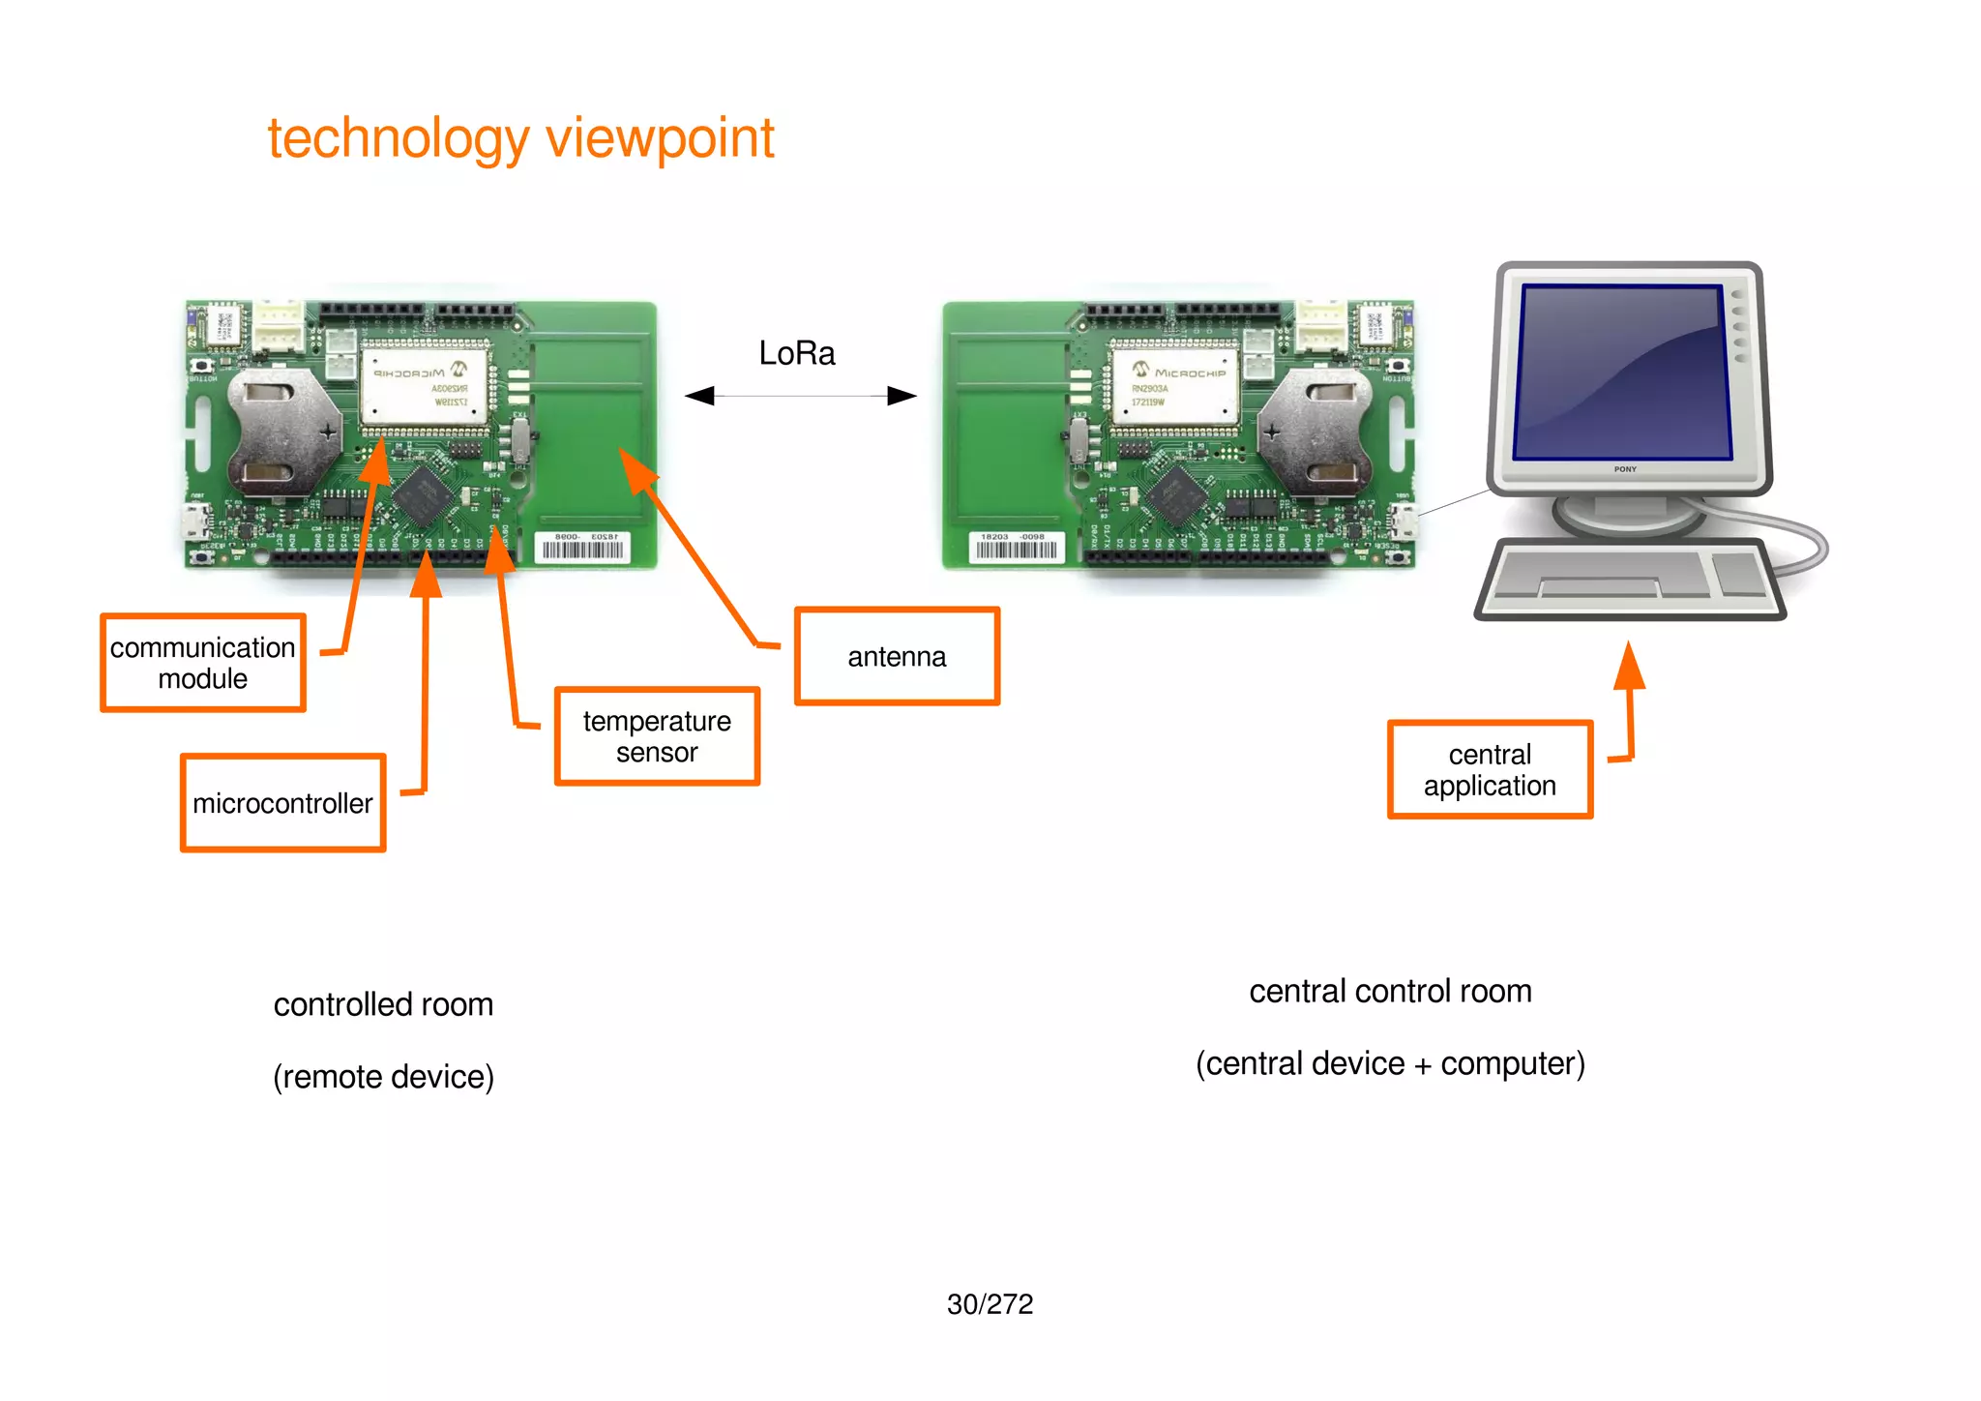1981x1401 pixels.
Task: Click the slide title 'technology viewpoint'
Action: [x=520, y=138]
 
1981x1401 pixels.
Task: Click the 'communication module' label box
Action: [x=203, y=663]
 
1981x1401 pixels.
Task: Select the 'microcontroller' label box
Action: [x=282, y=803]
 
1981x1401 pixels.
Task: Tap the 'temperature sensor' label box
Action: [x=657, y=736]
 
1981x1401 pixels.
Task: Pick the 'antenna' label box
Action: [x=897, y=657]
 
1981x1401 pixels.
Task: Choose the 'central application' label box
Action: [x=1490, y=770]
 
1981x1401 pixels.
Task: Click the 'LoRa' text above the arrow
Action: [x=796, y=353]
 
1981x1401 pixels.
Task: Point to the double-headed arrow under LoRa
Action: [x=800, y=396]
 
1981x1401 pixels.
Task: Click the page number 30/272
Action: [x=990, y=1304]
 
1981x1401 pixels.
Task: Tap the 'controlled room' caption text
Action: [x=383, y=1004]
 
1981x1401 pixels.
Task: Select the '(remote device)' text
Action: [x=383, y=1077]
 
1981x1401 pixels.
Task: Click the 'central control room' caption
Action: [x=1390, y=991]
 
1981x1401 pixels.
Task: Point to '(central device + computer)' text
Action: [x=1390, y=1063]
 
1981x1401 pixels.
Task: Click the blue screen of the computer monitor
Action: [x=1622, y=373]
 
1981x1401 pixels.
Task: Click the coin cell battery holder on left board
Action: [x=281, y=431]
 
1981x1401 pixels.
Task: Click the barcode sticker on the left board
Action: [x=583, y=548]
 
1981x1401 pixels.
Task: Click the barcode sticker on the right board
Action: [x=1016, y=548]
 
